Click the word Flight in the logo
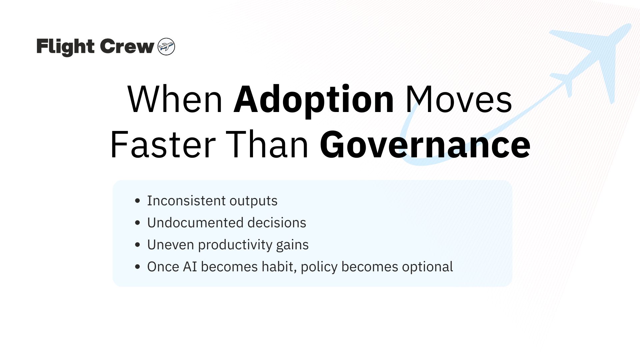66,47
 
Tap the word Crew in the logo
127,46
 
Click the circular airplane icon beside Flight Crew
166,46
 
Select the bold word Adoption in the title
314,100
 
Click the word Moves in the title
459,100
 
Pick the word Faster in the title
163,145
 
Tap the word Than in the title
267,145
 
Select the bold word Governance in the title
425,145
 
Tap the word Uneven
171,245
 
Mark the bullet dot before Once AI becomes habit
138,267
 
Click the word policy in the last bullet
319,267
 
